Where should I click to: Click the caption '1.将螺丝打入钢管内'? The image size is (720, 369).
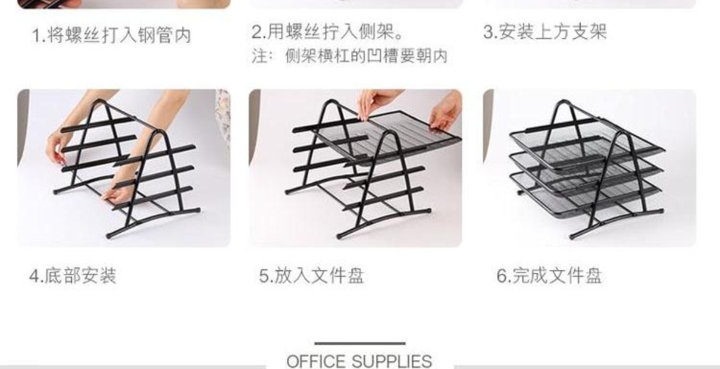point(111,35)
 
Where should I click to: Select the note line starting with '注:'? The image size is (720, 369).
point(350,56)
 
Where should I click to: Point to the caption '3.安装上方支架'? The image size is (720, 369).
point(545,32)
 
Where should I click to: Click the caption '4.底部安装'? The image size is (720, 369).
point(73,276)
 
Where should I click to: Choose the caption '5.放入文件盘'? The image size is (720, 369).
point(311,276)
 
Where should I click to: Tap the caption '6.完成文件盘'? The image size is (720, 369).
point(549,276)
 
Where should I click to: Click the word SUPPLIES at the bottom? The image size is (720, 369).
point(392,361)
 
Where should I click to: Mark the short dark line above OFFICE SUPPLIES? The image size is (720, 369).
point(360,343)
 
